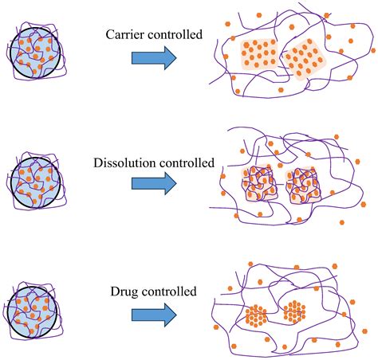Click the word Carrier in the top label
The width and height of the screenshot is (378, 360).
[x=126, y=34]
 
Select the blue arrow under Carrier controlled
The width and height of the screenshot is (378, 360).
[x=154, y=57]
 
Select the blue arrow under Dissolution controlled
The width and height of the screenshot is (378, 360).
[x=154, y=185]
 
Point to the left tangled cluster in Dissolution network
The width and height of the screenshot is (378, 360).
[x=258, y=185]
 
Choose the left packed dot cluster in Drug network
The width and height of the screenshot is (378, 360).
[x=258, y=313]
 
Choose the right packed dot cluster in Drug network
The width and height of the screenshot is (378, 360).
[x=295, y=311]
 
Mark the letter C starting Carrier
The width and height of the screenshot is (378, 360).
[x=109, y=34]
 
